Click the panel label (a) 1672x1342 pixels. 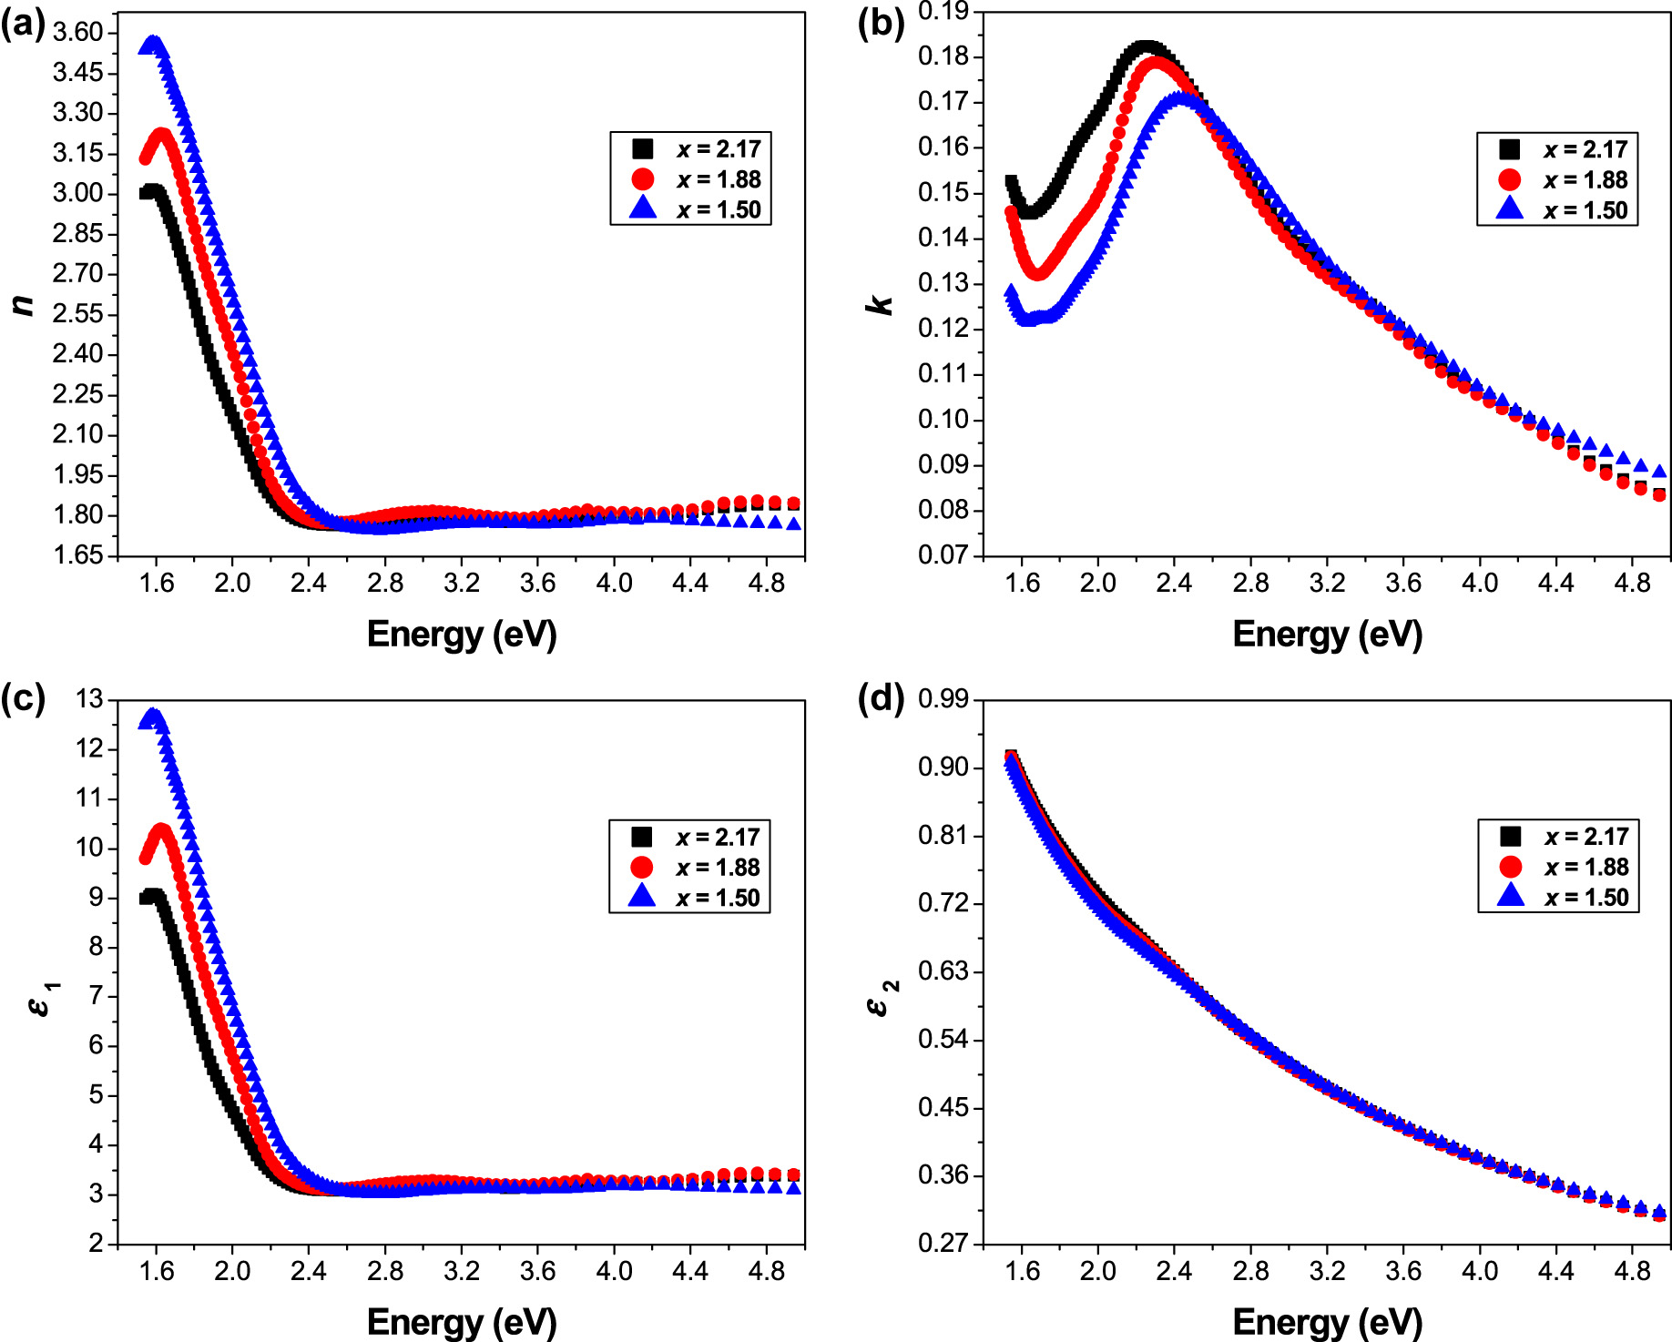tap(23, 24)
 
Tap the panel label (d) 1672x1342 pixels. tap(881, 698)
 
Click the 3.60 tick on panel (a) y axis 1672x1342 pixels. tap(78, 33)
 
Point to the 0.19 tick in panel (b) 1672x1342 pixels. tap(943, 12)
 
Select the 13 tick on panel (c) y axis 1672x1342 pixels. tap(90, 699)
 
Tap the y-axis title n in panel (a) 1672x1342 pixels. tap(25, 304)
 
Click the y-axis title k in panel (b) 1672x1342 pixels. tap(881, 304)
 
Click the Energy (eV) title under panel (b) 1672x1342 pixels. tap(1327, 634)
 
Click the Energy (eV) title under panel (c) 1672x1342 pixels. tap(461, 1321)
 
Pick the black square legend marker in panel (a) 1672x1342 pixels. tap(643, 148)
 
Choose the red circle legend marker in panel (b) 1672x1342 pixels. tap(1509, 179)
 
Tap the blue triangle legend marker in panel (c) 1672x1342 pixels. tap(642, 896)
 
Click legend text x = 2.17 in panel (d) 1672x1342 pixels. tap(1585, 836)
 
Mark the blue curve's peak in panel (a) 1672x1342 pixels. tap(153, 43)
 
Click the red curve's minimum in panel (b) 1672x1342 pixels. tap(1037, 271)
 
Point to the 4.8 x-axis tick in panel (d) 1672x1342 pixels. tap(1632, 1270)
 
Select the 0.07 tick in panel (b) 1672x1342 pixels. tap(943, 554)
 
